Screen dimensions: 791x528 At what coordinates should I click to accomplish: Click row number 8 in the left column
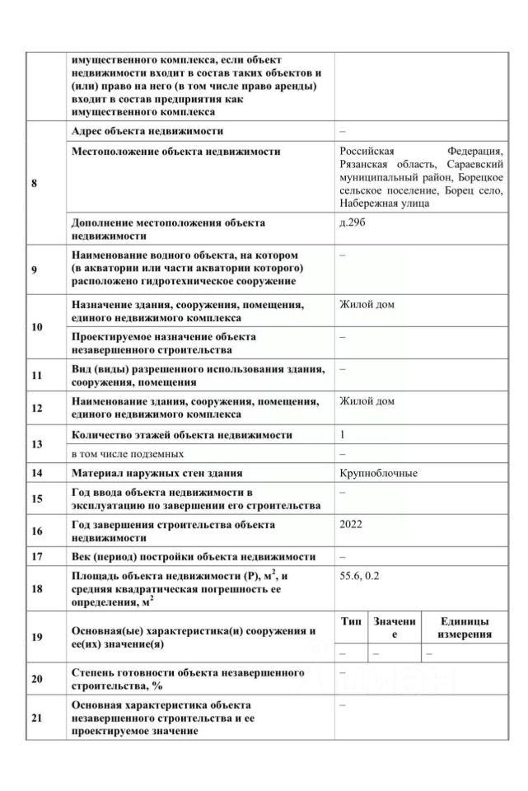pos(34,183)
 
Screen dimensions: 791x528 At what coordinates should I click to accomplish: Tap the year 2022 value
pos(350,524)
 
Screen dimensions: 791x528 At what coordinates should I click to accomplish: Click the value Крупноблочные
pos(378,474)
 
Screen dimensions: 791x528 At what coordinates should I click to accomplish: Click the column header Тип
pos(350,621)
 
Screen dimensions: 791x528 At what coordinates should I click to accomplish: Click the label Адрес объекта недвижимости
pos(147,130)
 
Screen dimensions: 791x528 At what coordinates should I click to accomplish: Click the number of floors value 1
pos(343,435)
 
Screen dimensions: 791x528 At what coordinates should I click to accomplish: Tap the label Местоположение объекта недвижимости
pos(175,152)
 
